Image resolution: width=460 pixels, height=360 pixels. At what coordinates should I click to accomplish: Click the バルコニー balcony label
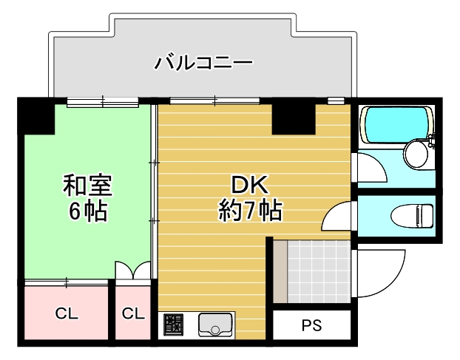tap(203, 62)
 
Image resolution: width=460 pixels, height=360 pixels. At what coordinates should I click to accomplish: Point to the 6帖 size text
tap(87, 211)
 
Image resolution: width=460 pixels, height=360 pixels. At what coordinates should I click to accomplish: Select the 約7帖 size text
tap(249, 211)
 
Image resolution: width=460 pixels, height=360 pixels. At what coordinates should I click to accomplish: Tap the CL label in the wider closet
tap(67, 313)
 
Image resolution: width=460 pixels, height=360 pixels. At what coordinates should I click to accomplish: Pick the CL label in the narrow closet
tap(133, 313)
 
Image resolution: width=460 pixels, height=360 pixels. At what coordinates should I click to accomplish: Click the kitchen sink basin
tap(215, 325)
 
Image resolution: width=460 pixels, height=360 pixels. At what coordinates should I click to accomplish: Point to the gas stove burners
tap(174, 325)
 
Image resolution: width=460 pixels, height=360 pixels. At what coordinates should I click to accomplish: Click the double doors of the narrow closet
tap(133, 271)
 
